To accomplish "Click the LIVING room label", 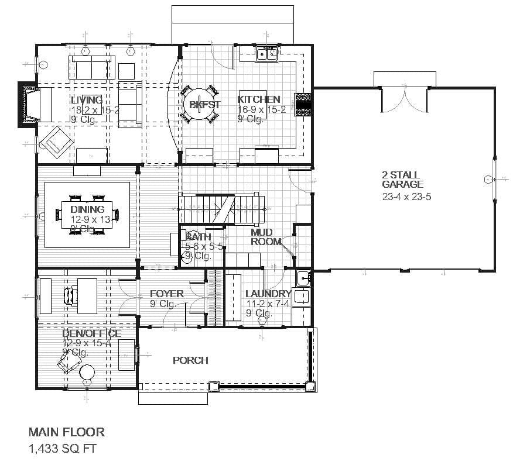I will (x=87, y=100).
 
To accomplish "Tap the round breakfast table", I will (x=199, y=105).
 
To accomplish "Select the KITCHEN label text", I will (x=258, y=99).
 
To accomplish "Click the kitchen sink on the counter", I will (x=268, y=55).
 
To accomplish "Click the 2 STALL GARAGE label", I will (x=403, y=180).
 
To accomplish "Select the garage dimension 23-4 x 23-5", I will (x=406, y=197).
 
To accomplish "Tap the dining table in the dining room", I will (x=87, y=215).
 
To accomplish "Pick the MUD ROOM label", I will (x=265, y=237).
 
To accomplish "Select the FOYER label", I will (x=166, y=294).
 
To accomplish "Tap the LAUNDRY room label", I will (x=268, y=294).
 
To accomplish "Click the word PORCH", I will (x=190, y=360).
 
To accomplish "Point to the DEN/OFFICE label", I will (x=92, y=333).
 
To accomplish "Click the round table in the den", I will (x=88, y=373).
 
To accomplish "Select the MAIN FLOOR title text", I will (x=67, y=432).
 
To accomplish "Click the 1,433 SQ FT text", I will (x=62, y=449).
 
